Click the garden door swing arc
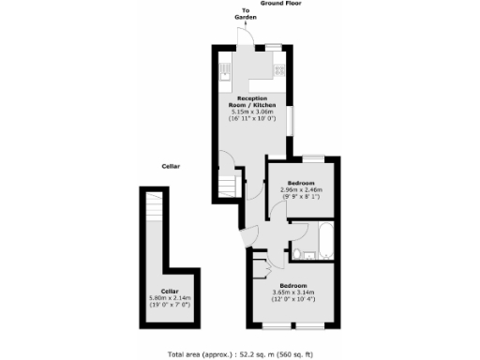click(x=245, y=37)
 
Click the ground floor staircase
click(x=227, y=181)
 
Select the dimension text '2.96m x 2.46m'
click(x=301, y=191)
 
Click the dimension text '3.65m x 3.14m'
click(x=292, y=293)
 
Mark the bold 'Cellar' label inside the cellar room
click(x=170, y=292)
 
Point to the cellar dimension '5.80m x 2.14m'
click(x=170, y=301)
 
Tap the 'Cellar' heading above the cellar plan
click(x=170, y=166)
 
